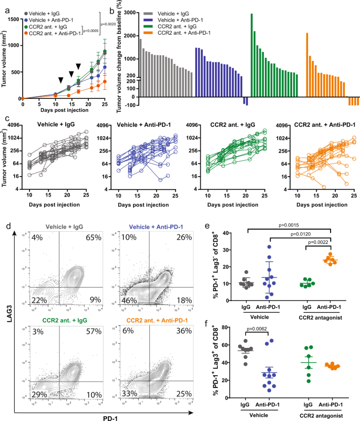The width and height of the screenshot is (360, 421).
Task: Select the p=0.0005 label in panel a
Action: point(90,30)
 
